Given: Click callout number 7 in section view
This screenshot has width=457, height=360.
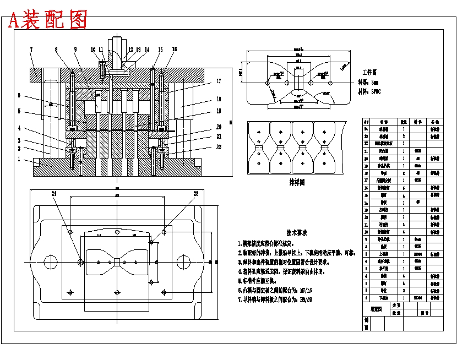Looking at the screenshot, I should (31, 50).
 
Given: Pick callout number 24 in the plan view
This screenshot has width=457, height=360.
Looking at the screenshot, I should (54, 194).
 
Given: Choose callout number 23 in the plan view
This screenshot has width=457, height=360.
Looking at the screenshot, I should (195, 194).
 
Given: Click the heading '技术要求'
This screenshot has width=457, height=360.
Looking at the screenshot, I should (297, 233).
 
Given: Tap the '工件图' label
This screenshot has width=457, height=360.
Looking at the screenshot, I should (369, 72).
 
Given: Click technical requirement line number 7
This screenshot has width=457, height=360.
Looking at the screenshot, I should (275, 300).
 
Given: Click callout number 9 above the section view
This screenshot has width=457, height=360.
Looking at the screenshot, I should (75, 50).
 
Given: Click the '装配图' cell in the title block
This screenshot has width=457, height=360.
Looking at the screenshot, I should (376, 309).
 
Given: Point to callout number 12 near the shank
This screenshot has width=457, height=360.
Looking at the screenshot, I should (130, 50).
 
